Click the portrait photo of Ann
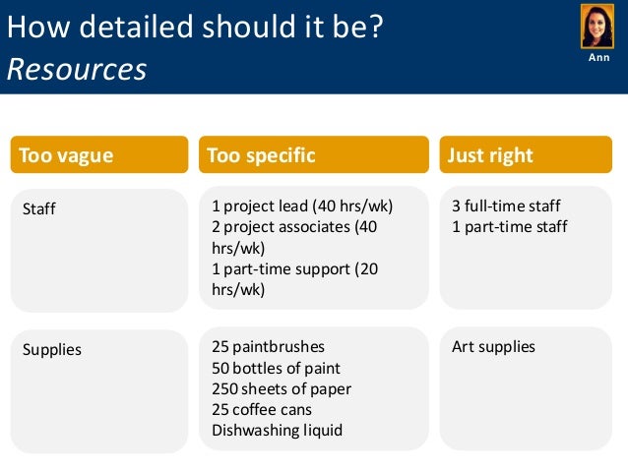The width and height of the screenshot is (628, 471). pyautogui.click(x=598, y=27)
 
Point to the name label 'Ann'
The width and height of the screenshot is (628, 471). pyautogui.click(x=598, y=58)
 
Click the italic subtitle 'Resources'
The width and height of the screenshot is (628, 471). pyautogui.click(x=77, y=69)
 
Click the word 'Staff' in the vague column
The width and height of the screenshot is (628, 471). pyautogui.click(x=39, y=208)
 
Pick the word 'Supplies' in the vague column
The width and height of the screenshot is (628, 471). pyautogui.click(x=52, y=349)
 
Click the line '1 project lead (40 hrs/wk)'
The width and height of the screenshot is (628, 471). pyautogui.click(x=302, y=206)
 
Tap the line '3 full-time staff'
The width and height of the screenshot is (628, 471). pyautogui.click(x=506, y=206)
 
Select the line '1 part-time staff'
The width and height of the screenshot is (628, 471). pyautogui.click(x=509, y=227)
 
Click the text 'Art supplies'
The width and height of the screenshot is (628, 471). pyautogui.click(x=493, y=346)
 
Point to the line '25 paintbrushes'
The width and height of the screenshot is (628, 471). pyautogui.click(x=268, y=346)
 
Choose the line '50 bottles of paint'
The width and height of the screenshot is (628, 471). pyautogui.click(x=276, y=368)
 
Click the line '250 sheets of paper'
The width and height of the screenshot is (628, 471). pyautogui.click(x=282, y=388)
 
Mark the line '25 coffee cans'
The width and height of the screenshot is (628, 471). pyautogui.click(x=262, y=409)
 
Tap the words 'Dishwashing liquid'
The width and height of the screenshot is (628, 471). pyautogui.click(x=277, y=430)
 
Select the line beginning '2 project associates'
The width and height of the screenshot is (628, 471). pyautogui.click(x=294, y=227)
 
